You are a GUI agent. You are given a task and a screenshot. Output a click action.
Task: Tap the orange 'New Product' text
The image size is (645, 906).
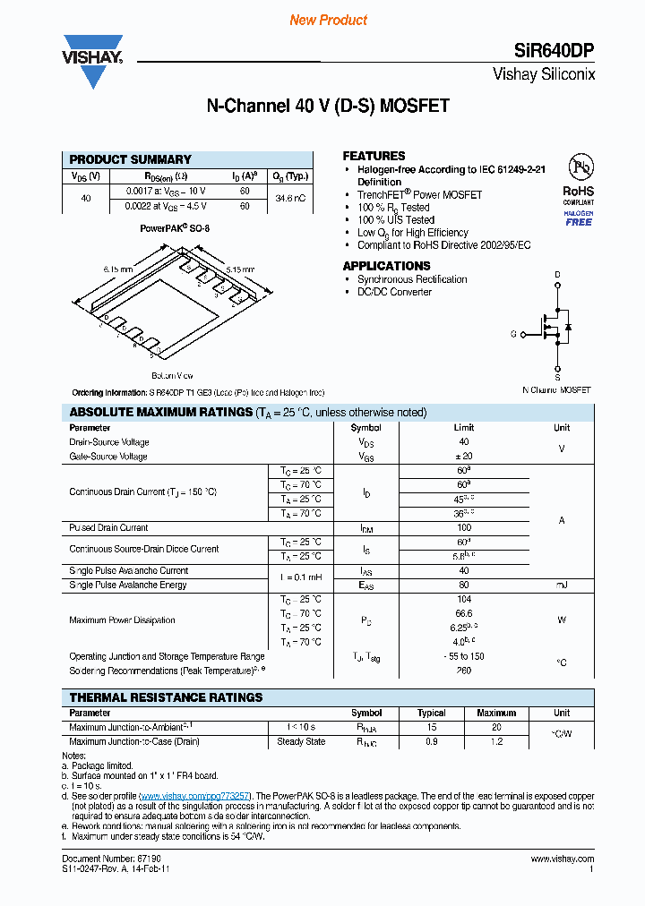click(328, 20)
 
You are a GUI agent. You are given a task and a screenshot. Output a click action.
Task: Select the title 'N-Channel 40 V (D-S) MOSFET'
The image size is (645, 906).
click(328, 107)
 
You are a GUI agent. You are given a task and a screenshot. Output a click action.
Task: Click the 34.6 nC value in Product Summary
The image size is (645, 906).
click(289, 198)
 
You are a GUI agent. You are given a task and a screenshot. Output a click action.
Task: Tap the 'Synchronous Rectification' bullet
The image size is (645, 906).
click(412, 279)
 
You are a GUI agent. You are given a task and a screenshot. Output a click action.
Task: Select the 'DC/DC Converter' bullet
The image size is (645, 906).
click(394, 292)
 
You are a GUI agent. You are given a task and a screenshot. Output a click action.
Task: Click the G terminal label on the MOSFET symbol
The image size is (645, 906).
click(514, 334)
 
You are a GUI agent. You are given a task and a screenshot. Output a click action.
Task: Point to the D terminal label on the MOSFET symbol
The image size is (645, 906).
click(557, 274)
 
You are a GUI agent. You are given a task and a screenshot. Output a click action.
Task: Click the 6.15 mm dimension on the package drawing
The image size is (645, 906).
click(117, 269)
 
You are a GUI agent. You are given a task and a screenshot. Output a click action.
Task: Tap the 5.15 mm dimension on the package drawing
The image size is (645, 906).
click(239, 269)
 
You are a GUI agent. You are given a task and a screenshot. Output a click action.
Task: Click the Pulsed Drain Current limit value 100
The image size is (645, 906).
click(463, 528)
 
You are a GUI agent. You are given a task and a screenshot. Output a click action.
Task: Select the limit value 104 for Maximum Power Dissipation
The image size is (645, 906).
click(463, 599)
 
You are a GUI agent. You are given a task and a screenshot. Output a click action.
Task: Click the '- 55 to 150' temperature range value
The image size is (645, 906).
click(463, 656)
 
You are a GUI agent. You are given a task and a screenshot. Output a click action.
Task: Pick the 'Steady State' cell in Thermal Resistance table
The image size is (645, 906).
click(301, 741)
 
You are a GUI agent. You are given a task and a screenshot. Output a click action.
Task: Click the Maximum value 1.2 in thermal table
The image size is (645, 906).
click(496, 741)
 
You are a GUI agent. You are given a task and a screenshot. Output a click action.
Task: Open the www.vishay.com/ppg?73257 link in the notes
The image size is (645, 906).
click(194, 795)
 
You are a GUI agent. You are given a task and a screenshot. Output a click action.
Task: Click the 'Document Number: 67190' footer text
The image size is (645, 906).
click(99, 859)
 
